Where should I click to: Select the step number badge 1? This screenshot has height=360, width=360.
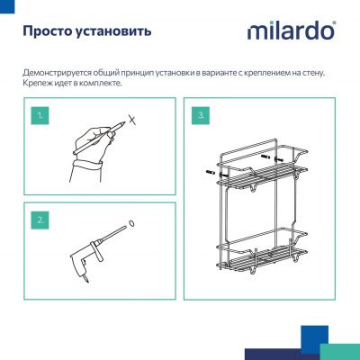click(x=39, y=115)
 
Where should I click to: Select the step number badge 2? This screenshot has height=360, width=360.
click(x=39, y=219)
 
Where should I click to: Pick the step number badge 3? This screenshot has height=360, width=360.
click(x=201, y=115)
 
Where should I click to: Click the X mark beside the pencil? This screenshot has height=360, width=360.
click(x=132, y=119)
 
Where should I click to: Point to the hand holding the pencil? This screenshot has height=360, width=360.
click(x=85, y=148)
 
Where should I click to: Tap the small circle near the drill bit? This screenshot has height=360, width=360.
click(x=131, y=224)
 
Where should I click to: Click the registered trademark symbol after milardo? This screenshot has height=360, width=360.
click(x=336, y=23)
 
